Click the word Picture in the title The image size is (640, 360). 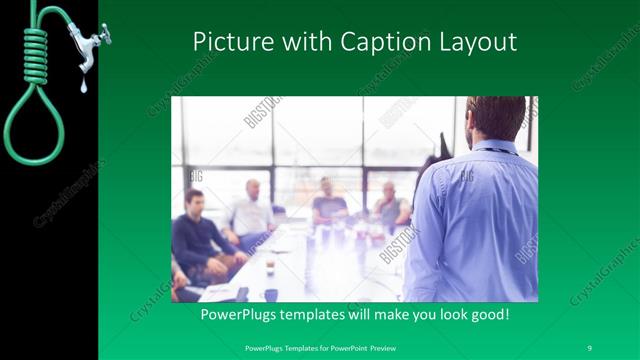pos(225,43)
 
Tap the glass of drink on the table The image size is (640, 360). pos(270,266)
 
